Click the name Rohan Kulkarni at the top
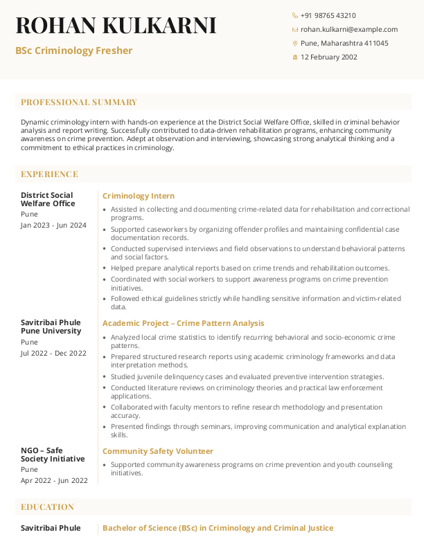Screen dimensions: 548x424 point(116,26)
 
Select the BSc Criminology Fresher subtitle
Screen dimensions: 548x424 point(74,51)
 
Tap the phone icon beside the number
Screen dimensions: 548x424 point(295,15)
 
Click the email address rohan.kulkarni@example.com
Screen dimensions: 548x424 point(348,29)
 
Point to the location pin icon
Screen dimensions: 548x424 point(295,43)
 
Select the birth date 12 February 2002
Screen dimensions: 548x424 point(328,57)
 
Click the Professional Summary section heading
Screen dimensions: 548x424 point(79,102)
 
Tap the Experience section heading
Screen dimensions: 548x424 point(49,174)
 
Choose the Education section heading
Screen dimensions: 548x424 point(47,507)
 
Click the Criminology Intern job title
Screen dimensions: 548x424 point(139,196)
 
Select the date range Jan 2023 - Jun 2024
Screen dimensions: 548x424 point(53,225)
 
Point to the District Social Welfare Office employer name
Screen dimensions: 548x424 point(48,199)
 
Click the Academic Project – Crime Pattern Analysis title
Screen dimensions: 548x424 point(183,323)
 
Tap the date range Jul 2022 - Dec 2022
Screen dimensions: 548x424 point(53,353)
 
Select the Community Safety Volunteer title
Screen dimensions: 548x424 point(158,451)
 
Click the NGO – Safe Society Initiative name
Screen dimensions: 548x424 point(53,455)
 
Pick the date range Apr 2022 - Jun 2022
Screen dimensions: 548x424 point(54,480)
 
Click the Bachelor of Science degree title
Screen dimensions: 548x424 point(218,528)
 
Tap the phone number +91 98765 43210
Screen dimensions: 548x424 point(328,15)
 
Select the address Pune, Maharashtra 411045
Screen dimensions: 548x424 point(344,43)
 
